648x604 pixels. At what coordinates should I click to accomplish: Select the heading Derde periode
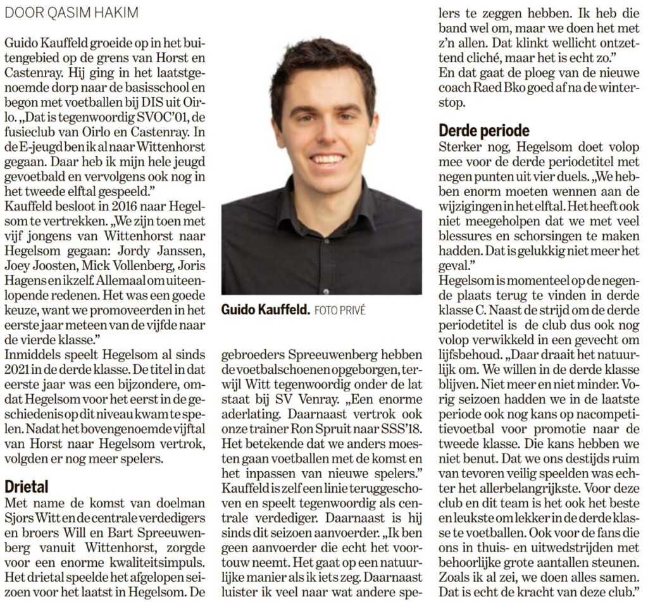(484, 130)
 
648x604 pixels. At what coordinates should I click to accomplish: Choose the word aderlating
(249, 413)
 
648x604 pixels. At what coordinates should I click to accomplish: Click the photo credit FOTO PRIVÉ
(340, 311)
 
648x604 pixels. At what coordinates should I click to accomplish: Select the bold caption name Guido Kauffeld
(265, 310)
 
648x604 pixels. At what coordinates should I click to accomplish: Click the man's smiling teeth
(328, 159)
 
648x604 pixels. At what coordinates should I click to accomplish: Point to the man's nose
(326, 135)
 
